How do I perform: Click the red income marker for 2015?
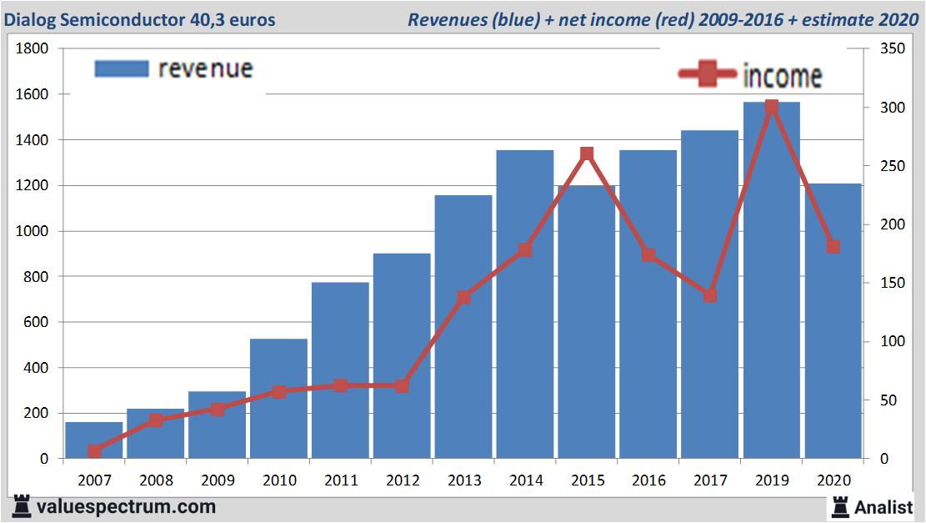point(587,154)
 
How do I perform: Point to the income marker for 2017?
point(710,295)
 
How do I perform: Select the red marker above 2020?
point(833,247)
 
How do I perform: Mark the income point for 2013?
point(464,297)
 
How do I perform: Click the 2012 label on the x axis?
point(402,480)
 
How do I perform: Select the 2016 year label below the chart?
point(648,480)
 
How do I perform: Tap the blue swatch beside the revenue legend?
point(122,68)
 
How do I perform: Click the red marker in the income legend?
point(708,75)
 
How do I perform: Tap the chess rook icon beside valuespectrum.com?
point(21,506)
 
